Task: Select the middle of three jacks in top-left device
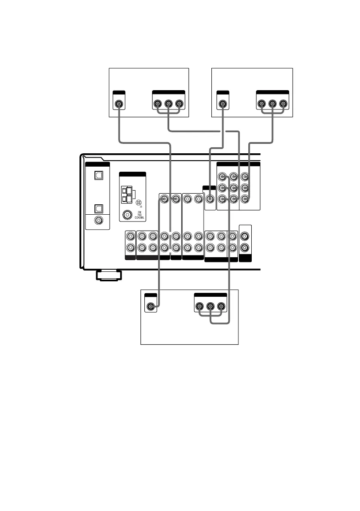(168, 103)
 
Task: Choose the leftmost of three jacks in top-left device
(158, 103)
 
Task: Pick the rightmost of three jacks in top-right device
(283, 103)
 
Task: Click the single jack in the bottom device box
(150, 307)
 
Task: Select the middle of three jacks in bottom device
(211, 307)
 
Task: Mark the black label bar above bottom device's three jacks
(211, 295)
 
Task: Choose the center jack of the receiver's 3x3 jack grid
(233, 188)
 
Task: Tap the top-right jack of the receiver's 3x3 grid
(244, 176)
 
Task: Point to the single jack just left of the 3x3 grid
(210, 199)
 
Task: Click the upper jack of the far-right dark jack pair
(244, 236)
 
